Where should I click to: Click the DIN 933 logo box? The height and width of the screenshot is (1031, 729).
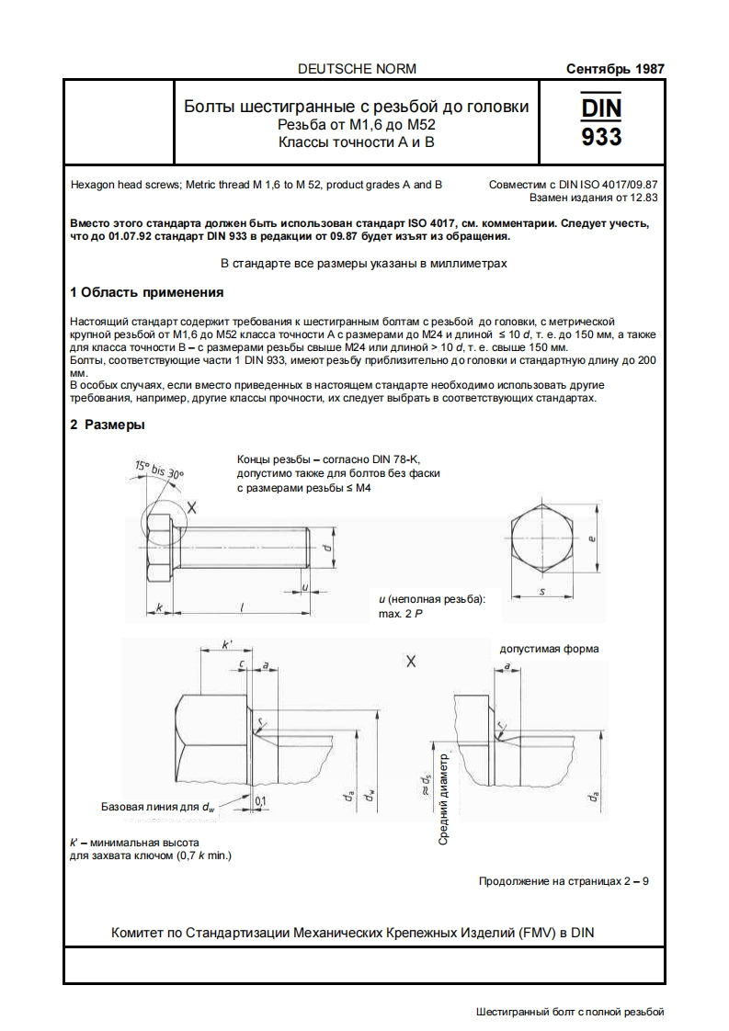point(601,122)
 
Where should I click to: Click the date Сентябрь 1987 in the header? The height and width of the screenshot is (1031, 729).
point(615,69)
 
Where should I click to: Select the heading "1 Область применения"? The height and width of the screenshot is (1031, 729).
point(147,292)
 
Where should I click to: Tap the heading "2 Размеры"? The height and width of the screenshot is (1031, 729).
point(108,425)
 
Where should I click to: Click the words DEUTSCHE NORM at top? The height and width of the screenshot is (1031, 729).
point(358,69)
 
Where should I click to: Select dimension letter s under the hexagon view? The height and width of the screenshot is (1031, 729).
point(541,592)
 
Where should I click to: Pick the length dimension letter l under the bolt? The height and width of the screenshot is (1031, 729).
point(241,607)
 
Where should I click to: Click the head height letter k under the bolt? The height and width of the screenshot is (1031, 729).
point(160,607)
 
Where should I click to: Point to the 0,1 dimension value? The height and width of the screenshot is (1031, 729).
point(260,801)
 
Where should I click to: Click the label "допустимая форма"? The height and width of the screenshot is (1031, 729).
point(549,649)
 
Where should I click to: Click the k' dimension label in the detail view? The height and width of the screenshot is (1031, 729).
point(227,647)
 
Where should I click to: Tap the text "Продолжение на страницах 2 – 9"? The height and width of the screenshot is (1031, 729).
point(564,881)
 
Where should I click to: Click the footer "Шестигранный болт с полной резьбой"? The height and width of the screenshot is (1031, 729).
point(570,1012)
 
